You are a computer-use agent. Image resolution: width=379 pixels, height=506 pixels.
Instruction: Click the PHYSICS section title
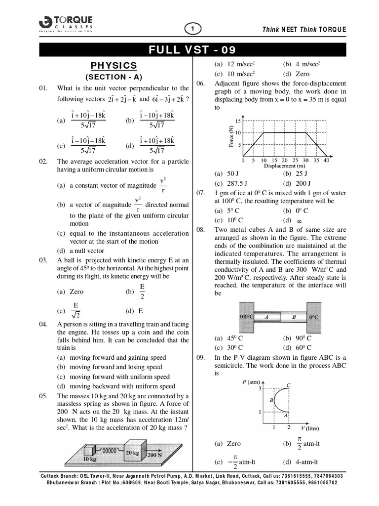(x=114, y=66)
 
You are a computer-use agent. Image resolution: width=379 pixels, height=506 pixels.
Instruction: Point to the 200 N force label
(x=154, y=454)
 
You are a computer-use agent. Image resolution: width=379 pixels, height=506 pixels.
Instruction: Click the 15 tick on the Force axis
(x=238, y=121)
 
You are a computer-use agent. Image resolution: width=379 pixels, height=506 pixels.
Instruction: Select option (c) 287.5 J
(x=230, y=183)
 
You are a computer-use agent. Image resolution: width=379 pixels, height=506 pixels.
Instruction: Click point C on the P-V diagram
(x=288, y=384)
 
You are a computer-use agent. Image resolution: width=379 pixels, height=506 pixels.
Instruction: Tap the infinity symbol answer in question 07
(x=299, y=220)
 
